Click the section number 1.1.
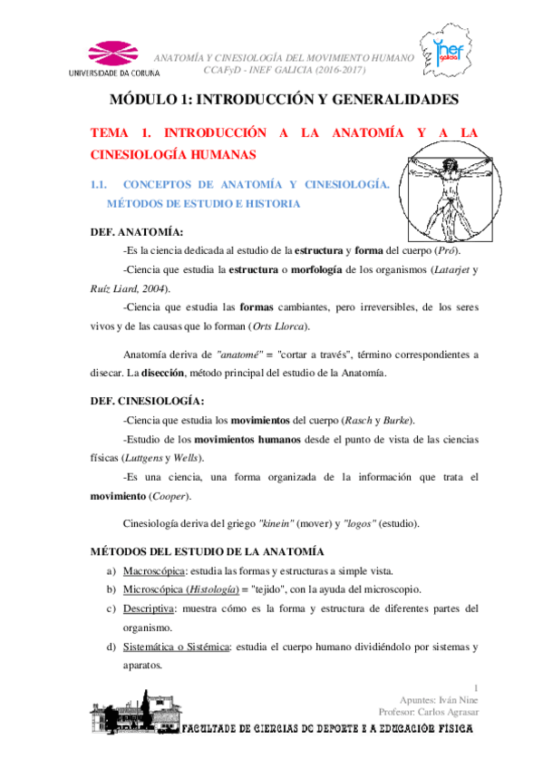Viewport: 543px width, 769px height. (100, 186)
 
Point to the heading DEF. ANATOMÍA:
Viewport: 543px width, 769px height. (137, 232)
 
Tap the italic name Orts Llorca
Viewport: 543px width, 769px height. (279, 326)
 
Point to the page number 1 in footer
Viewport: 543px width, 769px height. (477, 687)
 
